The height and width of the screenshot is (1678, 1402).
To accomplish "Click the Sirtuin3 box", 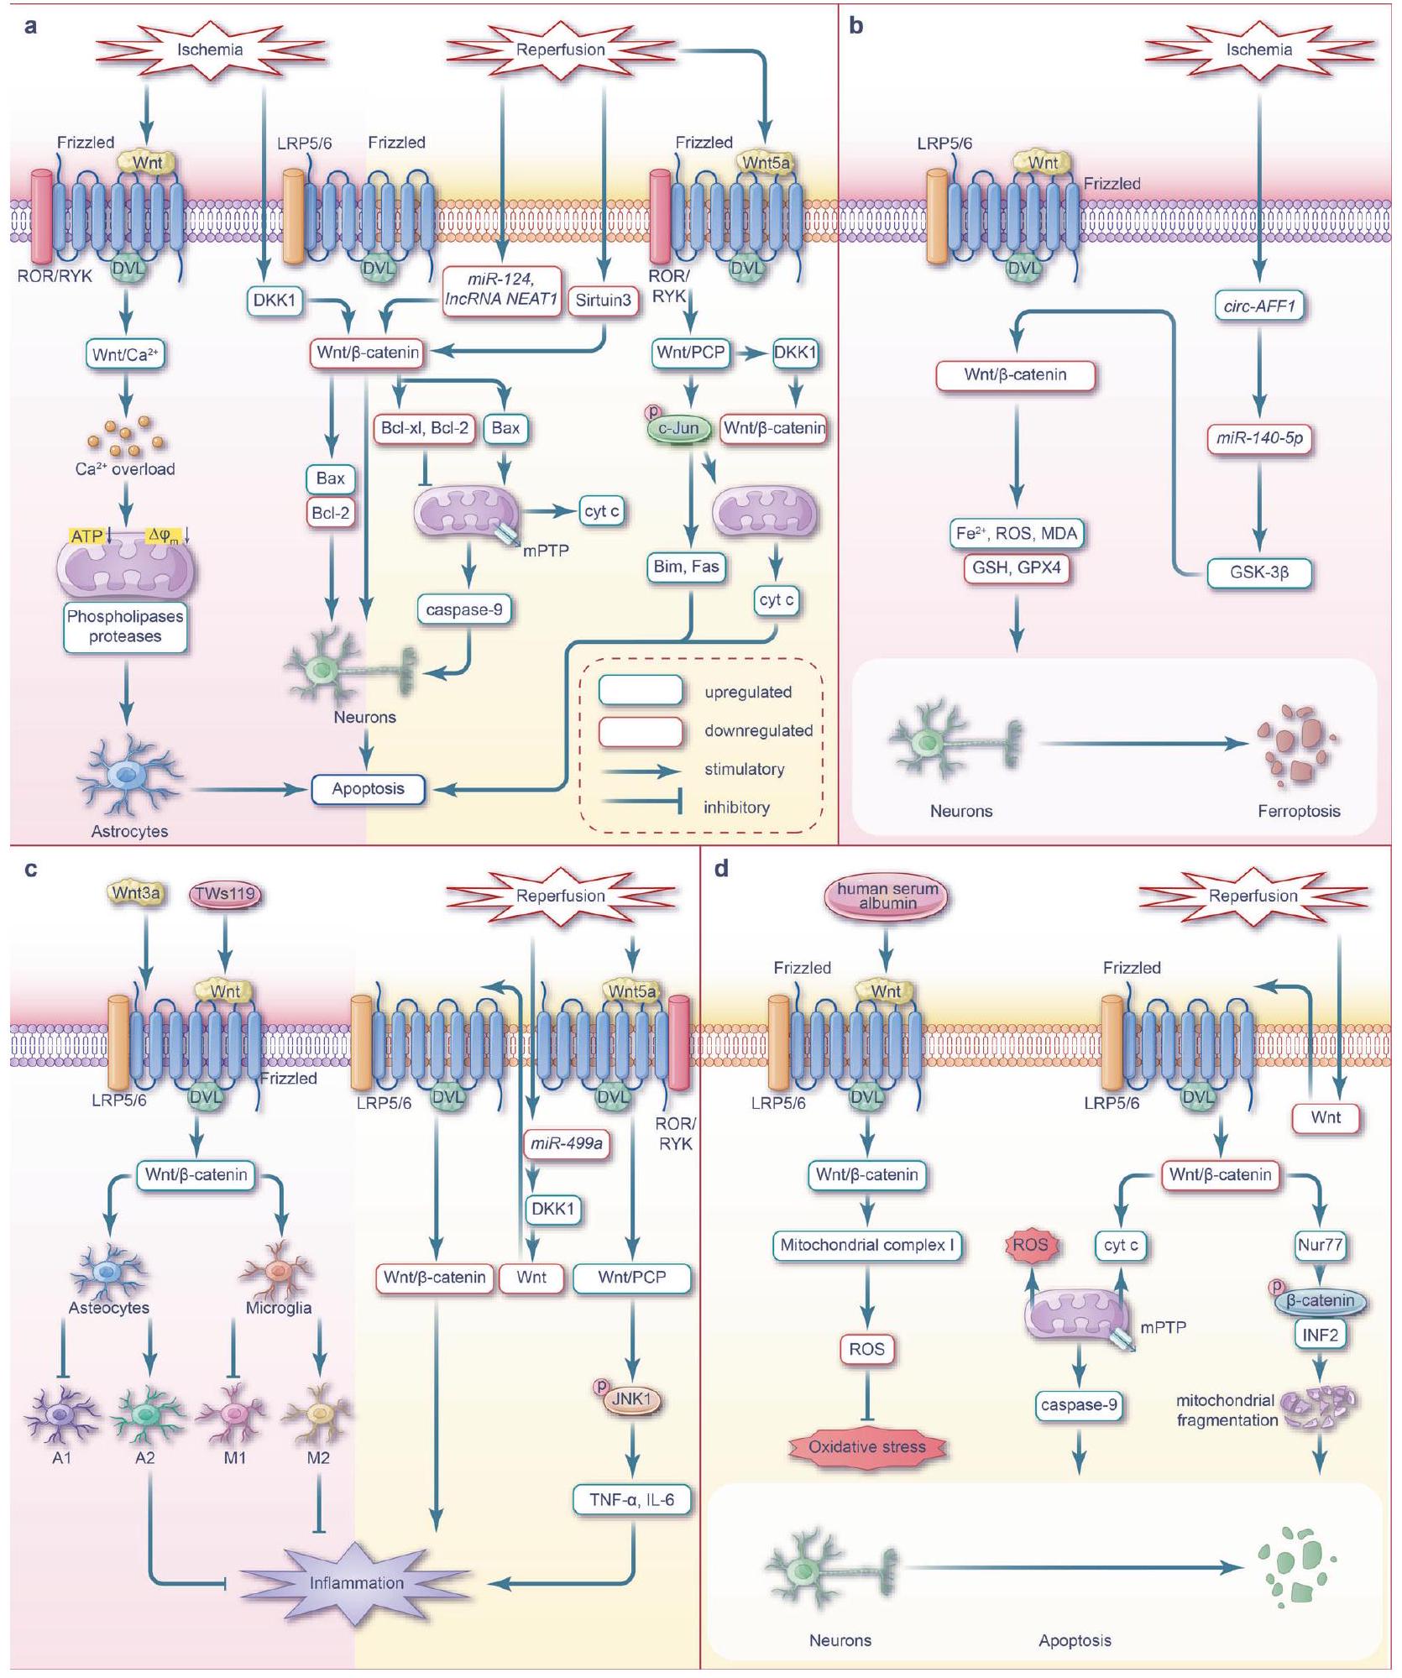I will click(x=603, y=301).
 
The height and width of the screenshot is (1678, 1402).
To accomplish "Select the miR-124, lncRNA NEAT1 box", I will click(x=501, y=289).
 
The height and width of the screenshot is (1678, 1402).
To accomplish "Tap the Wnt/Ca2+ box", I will click(x=125, y=354).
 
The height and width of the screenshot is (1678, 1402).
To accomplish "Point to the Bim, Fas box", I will click(x=686, y=567).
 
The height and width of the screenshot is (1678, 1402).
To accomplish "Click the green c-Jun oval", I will click(x=678, y=428).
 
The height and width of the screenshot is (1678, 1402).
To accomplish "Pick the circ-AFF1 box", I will click(x=1258, y=306).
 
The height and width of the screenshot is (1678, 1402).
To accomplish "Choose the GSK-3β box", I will click(x=1258, y=573).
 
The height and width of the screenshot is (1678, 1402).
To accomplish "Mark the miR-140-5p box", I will click(x=1258, y=437).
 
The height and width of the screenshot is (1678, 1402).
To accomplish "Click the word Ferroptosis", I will click(x=1298, y=811).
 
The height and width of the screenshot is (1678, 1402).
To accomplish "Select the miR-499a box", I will click(x=567, y=1143).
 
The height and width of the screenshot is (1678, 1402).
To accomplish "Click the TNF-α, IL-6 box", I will click(x=631, y=1499).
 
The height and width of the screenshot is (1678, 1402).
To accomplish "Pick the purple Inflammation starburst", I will click(x=356, y=1583).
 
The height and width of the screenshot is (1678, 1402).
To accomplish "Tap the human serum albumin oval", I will click(x=887, y=896).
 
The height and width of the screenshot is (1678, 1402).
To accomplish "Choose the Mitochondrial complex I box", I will click(x=866, y=1245).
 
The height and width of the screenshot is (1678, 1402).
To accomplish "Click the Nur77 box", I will click(x=1320, y=1245).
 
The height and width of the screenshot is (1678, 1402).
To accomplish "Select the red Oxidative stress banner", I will click(x=866, y=1447).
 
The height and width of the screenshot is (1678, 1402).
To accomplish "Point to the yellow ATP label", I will click(x=87, y=536).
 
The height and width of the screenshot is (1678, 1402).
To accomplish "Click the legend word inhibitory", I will click(x=735, y=808).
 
